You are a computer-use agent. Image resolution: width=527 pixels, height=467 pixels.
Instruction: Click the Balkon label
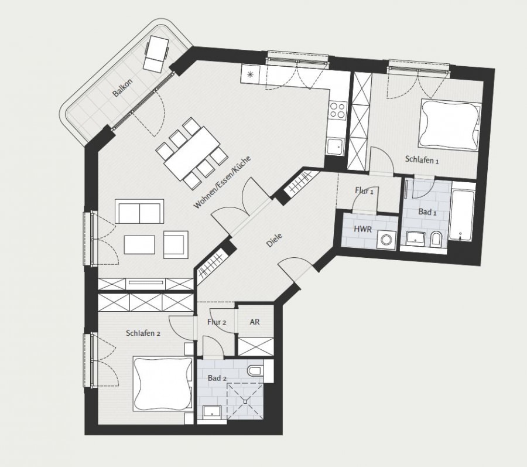[x=123, y=87]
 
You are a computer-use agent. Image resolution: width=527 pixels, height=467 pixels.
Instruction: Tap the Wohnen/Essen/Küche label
[x=222, y=182]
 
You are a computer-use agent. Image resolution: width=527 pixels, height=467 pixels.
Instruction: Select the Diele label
[x=274, y=240]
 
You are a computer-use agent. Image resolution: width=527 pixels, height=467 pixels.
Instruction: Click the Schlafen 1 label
[x=422, y=159]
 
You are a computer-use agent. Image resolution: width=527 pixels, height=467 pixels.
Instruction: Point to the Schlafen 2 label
[x=143, y=333]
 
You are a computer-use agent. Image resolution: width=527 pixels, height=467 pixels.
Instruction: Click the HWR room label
[x=363, y=229]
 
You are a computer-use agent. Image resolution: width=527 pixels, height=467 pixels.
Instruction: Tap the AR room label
[x=255, y=322]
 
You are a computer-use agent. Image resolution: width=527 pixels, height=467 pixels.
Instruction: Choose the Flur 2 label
[x=217, y=322]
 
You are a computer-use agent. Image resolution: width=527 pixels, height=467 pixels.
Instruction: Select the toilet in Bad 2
[x=255, y=370]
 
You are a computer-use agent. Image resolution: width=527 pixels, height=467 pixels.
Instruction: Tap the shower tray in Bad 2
[x=245, y=401]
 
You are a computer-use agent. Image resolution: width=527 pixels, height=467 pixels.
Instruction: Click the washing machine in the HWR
[x=386, y=240]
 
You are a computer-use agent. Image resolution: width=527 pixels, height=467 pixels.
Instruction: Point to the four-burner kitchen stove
[x=337, y=110]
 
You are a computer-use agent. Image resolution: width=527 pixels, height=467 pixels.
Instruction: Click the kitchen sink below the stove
[x=336, y=146]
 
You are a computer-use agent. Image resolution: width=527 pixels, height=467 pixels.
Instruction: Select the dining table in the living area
[x=192, y=153]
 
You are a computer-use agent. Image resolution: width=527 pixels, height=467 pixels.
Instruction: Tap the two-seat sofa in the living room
[x=139, y=212]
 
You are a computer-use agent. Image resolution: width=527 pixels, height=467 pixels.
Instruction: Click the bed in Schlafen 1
[x=450, y=124]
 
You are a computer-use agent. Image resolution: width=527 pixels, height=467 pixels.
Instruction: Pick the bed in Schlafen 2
[x=163, y=384]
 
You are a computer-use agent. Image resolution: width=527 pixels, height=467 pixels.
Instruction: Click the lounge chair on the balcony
[x=156, y=53]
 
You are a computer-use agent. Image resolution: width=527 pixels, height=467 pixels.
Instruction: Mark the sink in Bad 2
[x=212, y=413]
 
